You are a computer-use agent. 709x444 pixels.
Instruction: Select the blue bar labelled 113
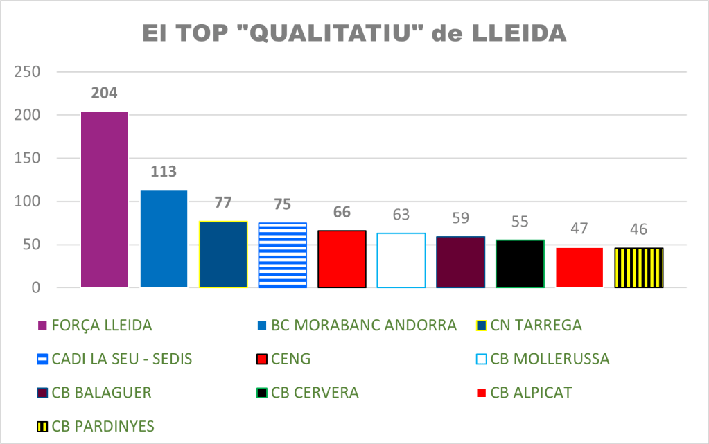point(164,239)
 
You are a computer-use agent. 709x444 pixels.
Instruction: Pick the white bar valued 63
point(401,260)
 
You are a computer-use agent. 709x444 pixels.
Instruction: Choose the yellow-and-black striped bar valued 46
point(638,267)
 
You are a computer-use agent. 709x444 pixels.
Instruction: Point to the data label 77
point(222,203)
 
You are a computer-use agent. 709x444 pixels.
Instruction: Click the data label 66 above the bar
point(341,212)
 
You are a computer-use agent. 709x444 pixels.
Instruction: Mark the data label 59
point(460,219)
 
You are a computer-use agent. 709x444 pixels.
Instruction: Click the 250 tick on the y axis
point(28,72)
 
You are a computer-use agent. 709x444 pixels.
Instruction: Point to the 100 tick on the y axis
point(28,202)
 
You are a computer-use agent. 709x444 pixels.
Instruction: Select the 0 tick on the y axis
point(34,287)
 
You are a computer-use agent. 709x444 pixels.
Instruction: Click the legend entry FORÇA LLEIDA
point(101,325)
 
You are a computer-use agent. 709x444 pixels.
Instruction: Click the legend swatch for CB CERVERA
point(262,393)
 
